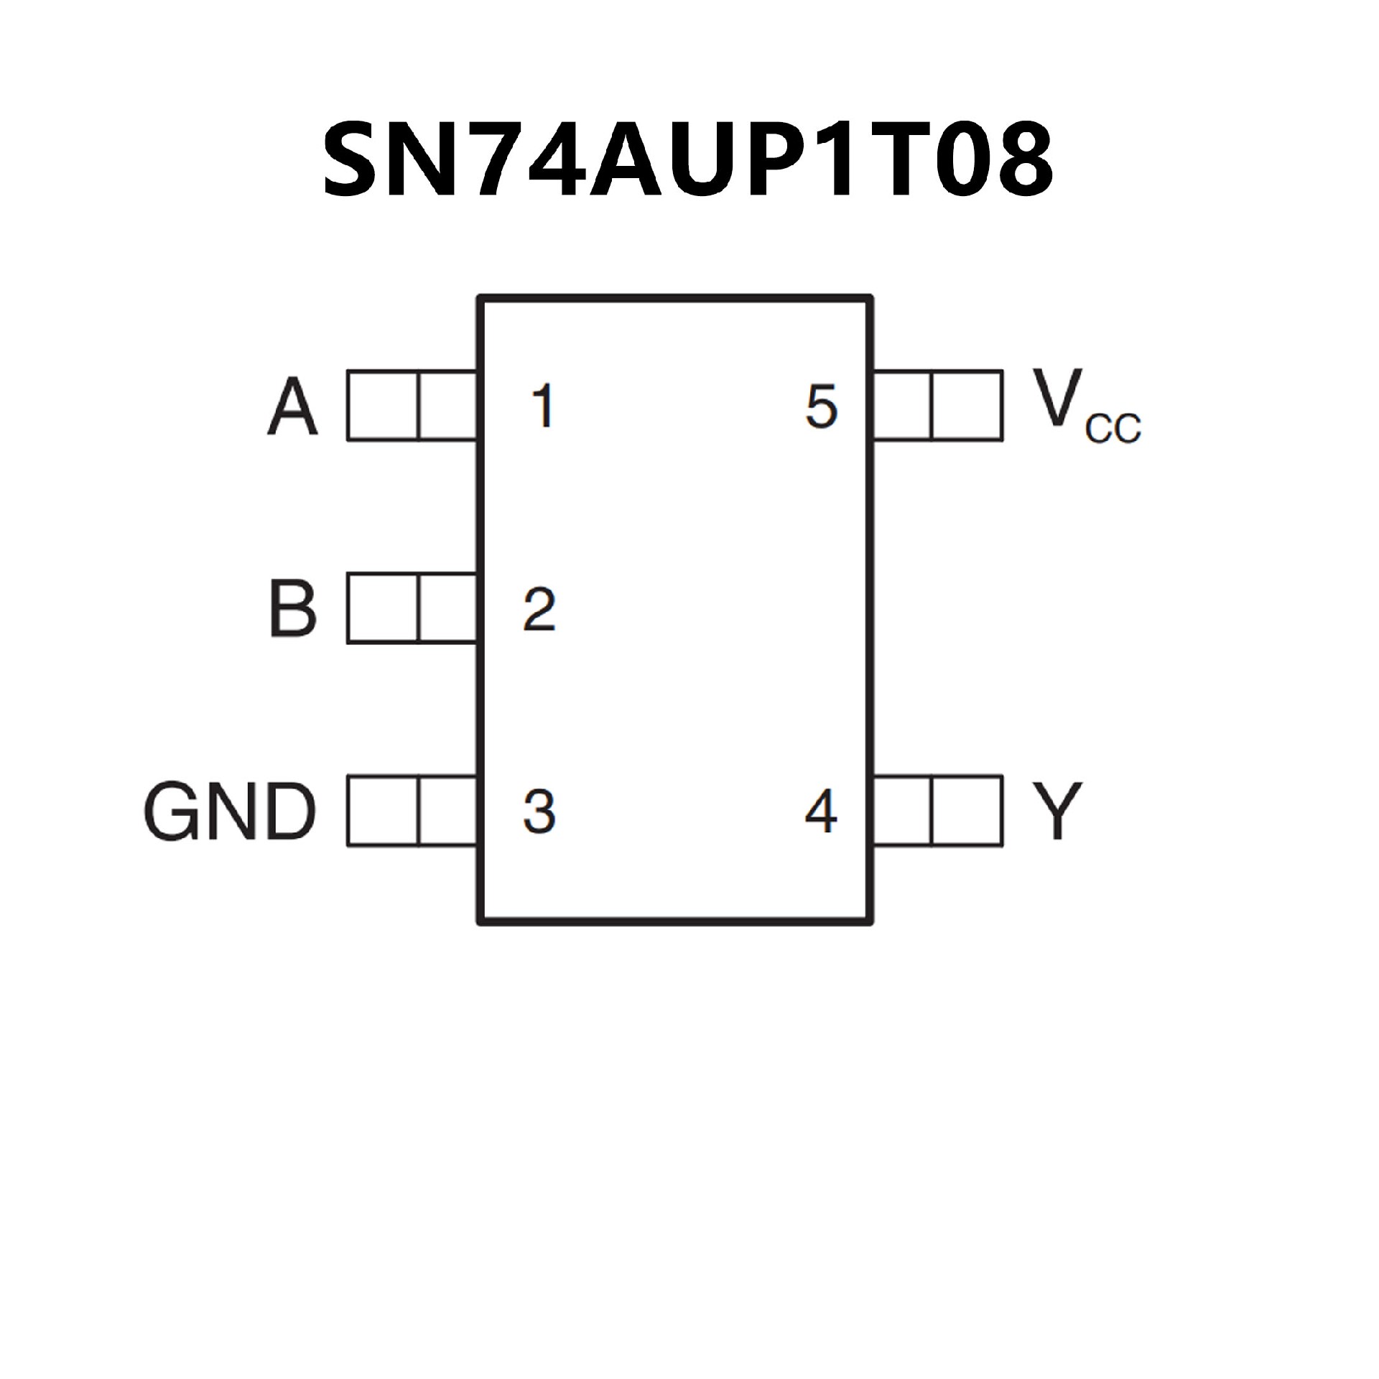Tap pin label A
tap(292, 407)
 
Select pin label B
tap(292, 609)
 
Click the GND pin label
tap(230, 812)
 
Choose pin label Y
tap(1056, 812)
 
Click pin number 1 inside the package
tap(543, 406)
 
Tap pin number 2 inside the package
tap(539, 609)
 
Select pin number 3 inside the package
tap(539, 812)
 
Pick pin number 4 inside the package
tap(821, 812)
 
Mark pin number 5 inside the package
tap(822, 406)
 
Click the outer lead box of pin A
tap(382, 405)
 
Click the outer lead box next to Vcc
tap(967, 405)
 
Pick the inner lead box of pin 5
tap(902, 405)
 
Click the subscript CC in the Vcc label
tap(1113, 430)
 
